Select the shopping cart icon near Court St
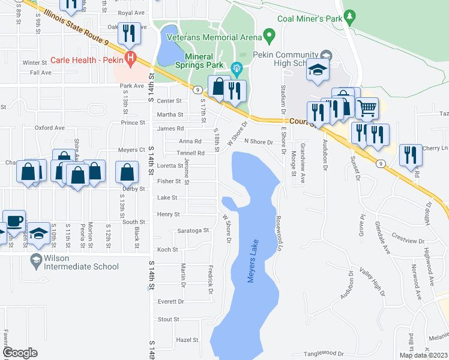[x=367, y=108]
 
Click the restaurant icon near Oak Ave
[x=129, y=34]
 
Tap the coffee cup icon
[x=14, y=220]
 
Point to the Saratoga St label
[x=192, y=230]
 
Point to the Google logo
[x=20, y=353]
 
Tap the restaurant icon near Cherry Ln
[x=411, y=155]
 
